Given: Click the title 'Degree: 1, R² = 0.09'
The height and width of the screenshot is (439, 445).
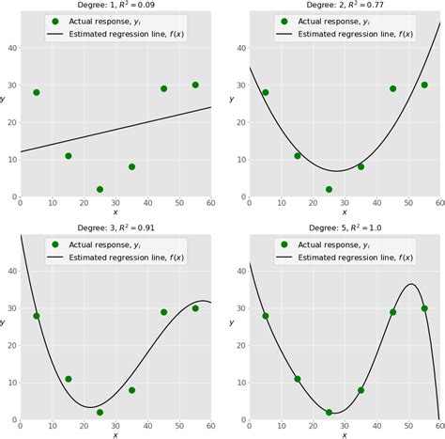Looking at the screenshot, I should pyautogui.click(x=115, y=6).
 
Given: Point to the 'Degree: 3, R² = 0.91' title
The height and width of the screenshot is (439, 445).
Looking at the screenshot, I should pyautogui.click(x=115, y=227).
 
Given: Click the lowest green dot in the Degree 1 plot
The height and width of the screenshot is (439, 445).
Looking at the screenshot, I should pyautogui.click(x=100, y=189).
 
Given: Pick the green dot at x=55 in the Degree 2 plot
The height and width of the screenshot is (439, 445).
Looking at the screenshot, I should pyautogui.click(x=424, y=85).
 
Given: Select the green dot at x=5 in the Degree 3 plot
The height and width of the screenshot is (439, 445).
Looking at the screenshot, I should pyautogui.click(x=36, y=316).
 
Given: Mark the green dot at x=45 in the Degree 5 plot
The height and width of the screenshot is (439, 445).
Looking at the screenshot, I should pyautogui.click(x=392, y=312).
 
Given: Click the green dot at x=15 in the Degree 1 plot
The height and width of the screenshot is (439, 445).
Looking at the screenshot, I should pyautogui.click(x=68, y=156).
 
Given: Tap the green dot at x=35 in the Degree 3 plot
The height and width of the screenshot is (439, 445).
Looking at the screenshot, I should pyautogui.click(x=131, y=390).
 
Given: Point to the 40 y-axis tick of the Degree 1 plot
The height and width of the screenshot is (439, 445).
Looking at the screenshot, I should pyautogui.click(x=12, y=48).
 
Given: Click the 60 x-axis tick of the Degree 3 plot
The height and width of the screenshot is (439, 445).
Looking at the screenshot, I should pyautogui.click(x=211, y=428).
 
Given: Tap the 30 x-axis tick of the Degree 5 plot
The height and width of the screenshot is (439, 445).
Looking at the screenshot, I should pyautogui.click(x=344, y=428).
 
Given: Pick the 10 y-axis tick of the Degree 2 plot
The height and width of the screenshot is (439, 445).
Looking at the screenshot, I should pyautogui.click(x=240, y=160).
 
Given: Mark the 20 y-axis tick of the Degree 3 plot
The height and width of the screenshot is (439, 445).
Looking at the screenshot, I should pyautogui.click(x=12, y=345).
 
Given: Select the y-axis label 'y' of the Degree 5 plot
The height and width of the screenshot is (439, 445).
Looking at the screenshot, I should pyautogui.click(x=232, y=321).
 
